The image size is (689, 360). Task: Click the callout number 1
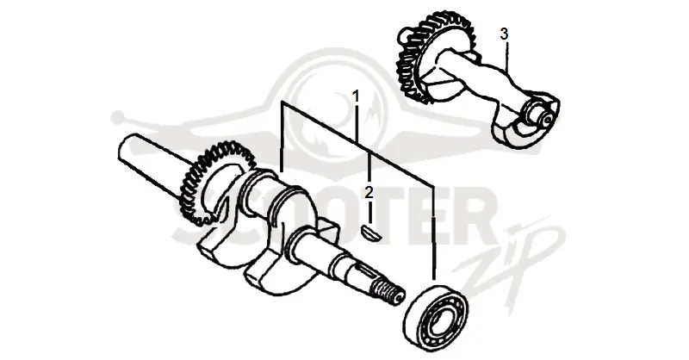356,96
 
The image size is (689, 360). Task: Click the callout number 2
369,192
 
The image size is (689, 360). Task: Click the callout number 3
504,34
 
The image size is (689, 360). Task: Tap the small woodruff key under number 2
371,233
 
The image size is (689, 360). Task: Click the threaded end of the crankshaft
389,293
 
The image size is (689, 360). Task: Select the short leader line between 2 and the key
370,211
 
